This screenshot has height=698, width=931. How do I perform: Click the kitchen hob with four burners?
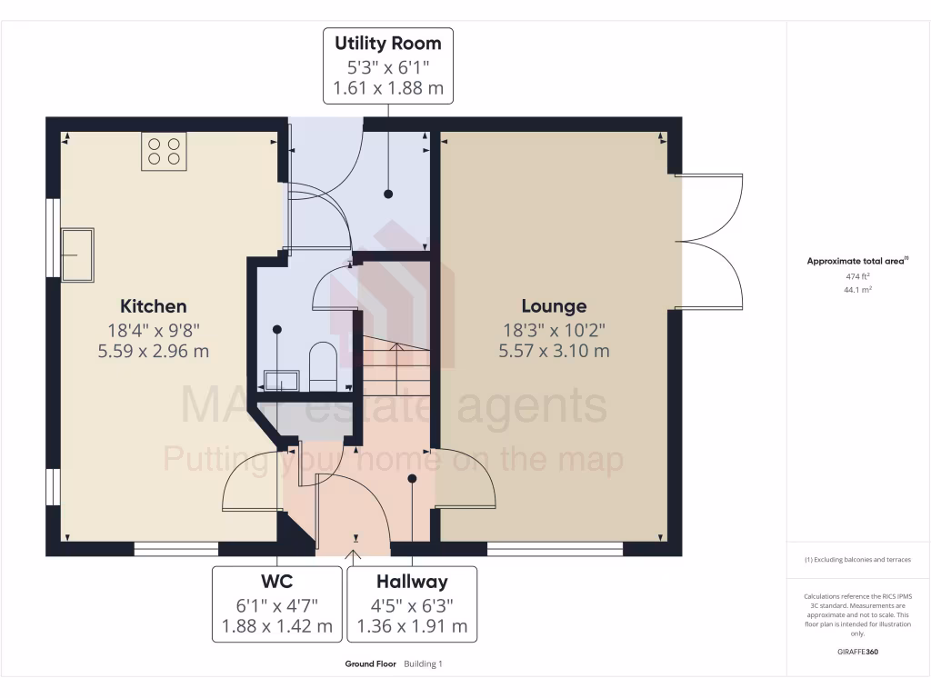point(164,151)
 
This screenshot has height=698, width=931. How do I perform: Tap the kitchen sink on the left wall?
point(77,254)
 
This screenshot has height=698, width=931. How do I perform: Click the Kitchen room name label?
point(154,306)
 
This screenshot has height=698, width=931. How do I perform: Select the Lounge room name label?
point(554,306)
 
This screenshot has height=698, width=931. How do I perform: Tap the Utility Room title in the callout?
point(388,44)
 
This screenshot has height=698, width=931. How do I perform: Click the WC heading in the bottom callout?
point(278,581)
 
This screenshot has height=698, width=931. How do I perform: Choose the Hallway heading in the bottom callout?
point(412,581)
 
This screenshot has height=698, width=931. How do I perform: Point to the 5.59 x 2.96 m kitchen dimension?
point(154,351)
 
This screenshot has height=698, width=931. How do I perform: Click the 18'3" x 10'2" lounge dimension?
point(554,329)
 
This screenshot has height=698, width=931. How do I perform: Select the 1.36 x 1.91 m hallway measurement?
point(412,625)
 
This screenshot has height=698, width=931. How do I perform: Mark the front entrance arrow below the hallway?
point(355,551)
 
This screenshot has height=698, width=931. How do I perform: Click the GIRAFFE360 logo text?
point(858,652)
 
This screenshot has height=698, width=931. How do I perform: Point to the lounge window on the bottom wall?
point(555,549)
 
